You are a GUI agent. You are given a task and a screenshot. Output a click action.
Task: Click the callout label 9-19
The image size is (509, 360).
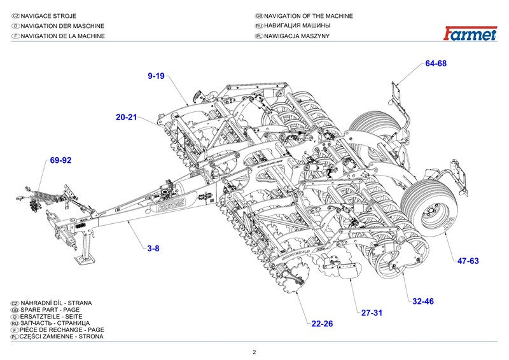click(x=156, y=76)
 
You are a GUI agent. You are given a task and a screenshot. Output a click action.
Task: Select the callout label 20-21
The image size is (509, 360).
click(x=126, y=118)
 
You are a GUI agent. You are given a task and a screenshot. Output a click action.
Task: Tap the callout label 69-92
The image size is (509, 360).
click(x=60, y=160)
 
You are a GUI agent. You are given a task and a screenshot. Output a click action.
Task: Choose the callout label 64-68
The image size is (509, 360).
click(x=436, y=64)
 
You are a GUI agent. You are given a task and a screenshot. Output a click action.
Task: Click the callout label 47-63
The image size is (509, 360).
click(x=468, y=261)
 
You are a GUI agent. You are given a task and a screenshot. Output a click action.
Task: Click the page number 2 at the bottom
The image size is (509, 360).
click(x=254, y=352)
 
